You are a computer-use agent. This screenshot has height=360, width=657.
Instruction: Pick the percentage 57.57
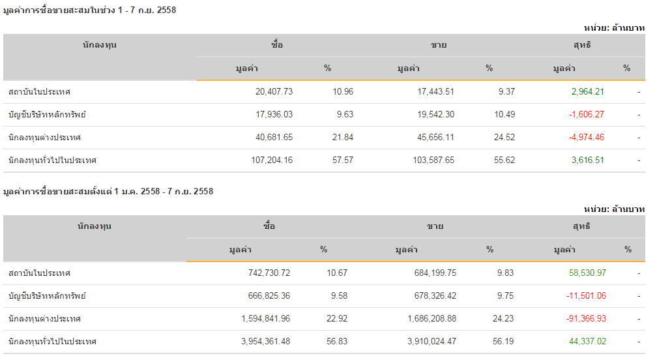click(342, 160)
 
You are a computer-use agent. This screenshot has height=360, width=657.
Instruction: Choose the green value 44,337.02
click(588, 342)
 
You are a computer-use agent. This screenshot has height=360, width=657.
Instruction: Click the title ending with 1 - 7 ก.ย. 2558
click(90, 10)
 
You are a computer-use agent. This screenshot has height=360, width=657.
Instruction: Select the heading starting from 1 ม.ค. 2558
click(108, 192)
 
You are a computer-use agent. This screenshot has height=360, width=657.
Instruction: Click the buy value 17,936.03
click(274, 115)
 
